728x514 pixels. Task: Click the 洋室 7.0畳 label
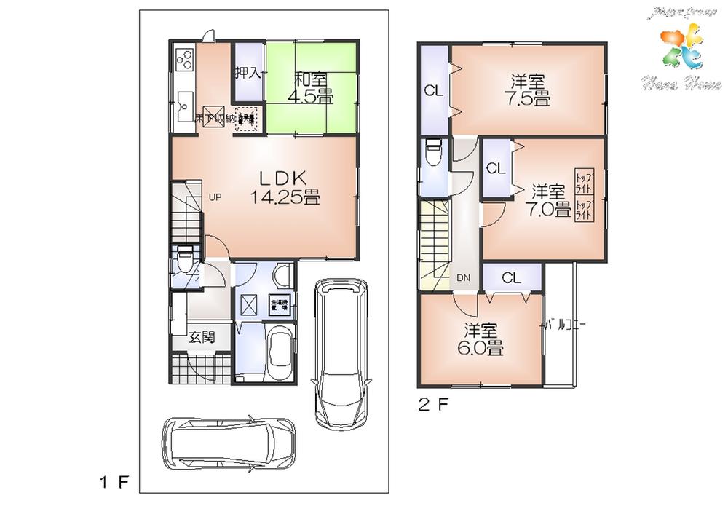(550, 201)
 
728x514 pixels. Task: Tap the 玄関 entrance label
(201, 337)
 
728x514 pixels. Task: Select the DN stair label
(464, 277)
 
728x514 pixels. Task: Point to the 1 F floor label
(114, 481)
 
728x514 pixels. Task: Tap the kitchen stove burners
(183, 58)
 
